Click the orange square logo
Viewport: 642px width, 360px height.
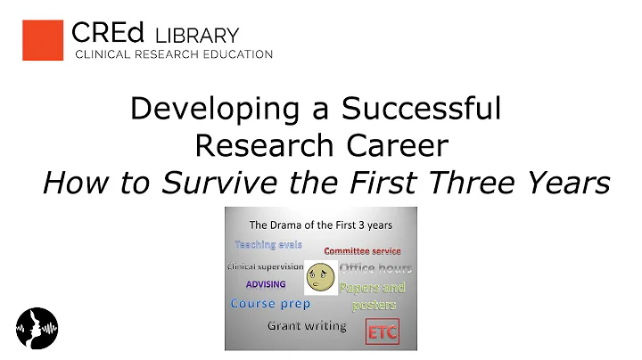tap(42, 40)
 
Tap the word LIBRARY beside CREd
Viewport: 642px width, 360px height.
tap(197, 36)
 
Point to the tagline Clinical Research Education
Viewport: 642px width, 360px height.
tap(172, 55)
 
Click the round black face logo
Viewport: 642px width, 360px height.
tap(37, 326)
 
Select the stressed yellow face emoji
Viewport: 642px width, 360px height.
tap(320, 277)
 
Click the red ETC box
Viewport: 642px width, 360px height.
tap(383, 332)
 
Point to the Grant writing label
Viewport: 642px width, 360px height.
tap(307, 325)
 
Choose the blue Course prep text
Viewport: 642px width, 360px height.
tap(270, 304)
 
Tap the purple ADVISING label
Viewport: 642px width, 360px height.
tap(266, 284)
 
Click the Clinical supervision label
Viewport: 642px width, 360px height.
tap(265, 266)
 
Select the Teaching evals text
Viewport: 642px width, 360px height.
tap(268, 244)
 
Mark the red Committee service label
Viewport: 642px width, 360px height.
tap(362, 250)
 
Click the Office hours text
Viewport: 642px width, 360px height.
tap(374, 268)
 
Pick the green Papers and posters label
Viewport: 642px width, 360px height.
tap(372, 296)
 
